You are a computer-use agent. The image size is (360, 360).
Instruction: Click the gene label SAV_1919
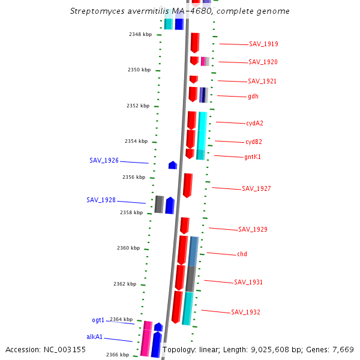pos(263,44)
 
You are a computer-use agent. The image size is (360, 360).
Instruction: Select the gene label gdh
pos(253,96)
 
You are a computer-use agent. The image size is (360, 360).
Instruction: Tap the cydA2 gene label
pos(254,123)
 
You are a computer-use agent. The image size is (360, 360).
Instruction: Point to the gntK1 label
pos(253,157)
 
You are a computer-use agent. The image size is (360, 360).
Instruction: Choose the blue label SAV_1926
pos(104,161)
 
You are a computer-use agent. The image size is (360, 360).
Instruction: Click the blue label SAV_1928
pos(101,200)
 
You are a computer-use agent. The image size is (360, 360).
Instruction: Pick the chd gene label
pos(242,254)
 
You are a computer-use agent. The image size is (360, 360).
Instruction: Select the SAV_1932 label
pos(245,312)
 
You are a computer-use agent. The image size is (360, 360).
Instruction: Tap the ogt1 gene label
pos(98,320)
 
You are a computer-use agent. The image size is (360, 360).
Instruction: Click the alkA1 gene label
pos(95,337)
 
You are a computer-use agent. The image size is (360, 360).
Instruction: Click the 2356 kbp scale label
pos(133,178)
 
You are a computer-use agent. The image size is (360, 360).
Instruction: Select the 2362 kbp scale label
pos(124,284)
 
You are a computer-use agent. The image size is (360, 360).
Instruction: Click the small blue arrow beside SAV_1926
pos(173,165)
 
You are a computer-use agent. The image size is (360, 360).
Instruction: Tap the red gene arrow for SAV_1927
pos(188,185)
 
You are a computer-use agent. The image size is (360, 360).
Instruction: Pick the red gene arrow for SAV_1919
pos(195,43)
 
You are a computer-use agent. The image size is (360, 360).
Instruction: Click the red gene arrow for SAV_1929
pos(185,226)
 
